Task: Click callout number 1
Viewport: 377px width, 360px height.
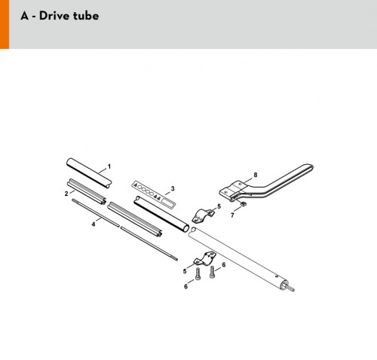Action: (109, 166)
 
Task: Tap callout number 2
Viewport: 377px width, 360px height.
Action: (66, 194)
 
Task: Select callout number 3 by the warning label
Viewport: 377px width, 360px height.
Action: (173, 188)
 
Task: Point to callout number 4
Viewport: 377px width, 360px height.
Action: (93, 224)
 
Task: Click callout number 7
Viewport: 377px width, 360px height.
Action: (232, 215)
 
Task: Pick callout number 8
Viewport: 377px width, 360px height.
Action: (256, 175)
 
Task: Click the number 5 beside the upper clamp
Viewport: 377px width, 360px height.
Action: (219, 206)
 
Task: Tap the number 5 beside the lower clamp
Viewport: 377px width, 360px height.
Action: (185, 271)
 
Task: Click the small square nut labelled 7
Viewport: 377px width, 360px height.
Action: (244, 203)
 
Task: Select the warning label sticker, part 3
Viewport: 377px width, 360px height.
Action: (154, 194)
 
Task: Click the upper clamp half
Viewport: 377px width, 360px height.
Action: (203, 215)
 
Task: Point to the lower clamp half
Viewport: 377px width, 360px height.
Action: (205, 258)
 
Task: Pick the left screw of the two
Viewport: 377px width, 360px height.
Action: (198, 273)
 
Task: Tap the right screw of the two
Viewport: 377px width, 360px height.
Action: (212, 272)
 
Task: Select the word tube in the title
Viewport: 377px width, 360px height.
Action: (86, 16)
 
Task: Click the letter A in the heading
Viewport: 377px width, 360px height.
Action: (25, 16)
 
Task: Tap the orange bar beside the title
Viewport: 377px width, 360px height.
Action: (5, 24)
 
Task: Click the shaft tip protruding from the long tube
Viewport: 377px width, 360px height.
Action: (291, 289)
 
